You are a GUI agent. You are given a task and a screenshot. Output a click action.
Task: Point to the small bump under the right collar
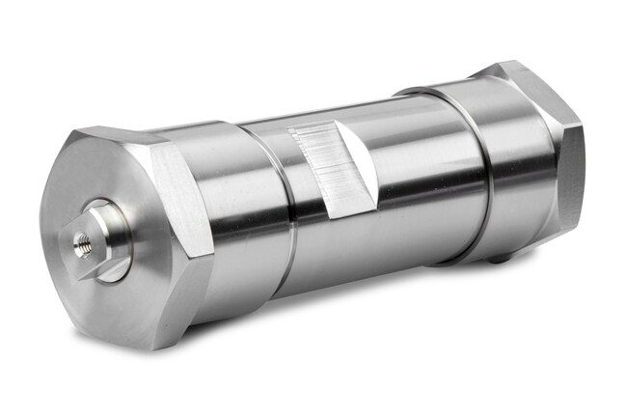(495, 258)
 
